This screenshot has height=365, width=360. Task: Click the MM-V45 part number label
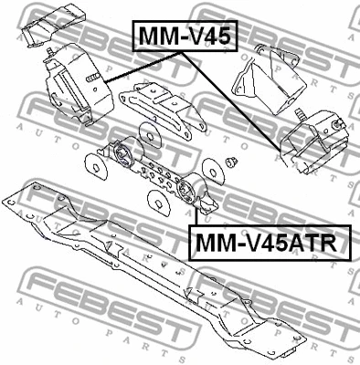(x=186, y=36)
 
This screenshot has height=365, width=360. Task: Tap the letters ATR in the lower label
(x=310, y=243)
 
